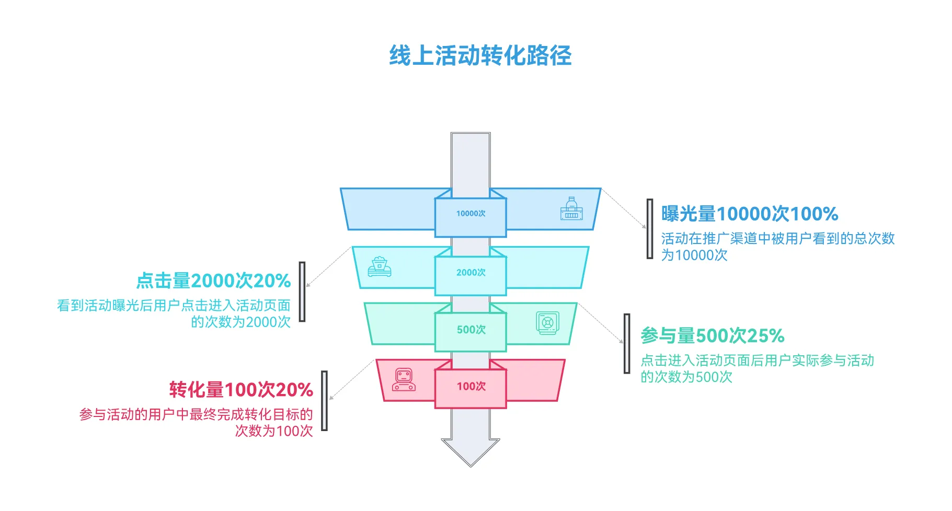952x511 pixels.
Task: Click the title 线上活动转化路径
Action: pos(480,55)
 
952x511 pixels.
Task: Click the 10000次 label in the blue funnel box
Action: pos(471,213)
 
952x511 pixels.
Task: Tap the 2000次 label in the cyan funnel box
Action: pos(471,272)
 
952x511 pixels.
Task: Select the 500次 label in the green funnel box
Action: pos(471,329)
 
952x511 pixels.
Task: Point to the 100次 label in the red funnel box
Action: pos(471,386)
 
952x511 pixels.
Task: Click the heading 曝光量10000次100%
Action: pos(749,214)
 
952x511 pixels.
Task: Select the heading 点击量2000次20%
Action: pos(213,281)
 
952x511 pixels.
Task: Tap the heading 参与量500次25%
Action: pos(713,335)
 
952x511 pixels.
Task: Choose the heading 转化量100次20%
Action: pos(241,389)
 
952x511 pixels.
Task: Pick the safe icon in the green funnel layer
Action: pos(547,322)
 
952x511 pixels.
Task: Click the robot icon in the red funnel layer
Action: pos(404,379)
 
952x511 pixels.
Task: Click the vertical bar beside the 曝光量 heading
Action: pos(650,229)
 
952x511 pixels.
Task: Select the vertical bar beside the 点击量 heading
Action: pos(302,292)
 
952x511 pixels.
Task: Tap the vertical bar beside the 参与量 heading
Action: pos(627,343)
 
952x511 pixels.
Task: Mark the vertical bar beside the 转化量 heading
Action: pos(324,401)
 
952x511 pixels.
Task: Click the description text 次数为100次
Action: pos(274,431)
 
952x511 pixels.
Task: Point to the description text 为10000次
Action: pos(694,255)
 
